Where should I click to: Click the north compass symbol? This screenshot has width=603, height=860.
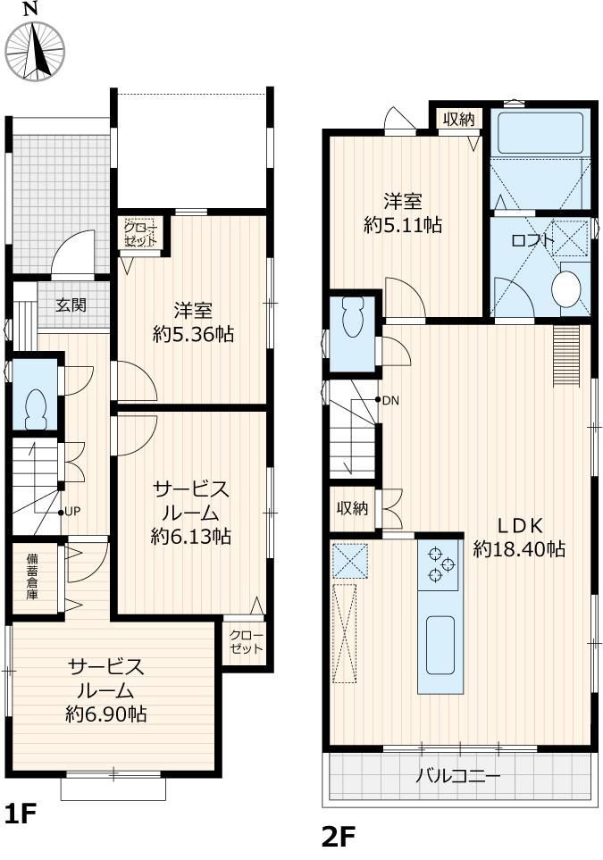tap(34, 48)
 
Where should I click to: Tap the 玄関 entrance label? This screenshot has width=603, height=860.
tap(71, 305)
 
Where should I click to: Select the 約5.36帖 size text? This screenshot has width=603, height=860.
tap(194, 333)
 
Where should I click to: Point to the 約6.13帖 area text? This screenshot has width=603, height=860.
tap(191, 536)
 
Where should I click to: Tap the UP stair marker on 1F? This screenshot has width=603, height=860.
tap(72, 512)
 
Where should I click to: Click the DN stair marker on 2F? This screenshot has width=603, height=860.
tap(388, 400)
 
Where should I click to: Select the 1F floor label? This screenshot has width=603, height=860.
tap(21, 814)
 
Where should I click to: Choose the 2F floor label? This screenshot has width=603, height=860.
tap(339, 836)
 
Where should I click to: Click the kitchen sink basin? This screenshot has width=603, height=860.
tap(440, 645)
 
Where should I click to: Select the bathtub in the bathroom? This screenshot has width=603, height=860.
tap(540, 133)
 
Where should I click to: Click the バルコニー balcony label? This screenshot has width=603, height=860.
tap(457, 776)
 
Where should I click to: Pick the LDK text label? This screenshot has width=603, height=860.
tap(520, 525)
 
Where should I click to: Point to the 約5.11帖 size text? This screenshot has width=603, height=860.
tap(403, 225)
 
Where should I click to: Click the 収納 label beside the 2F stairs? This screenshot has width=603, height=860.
tap(352, 508)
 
